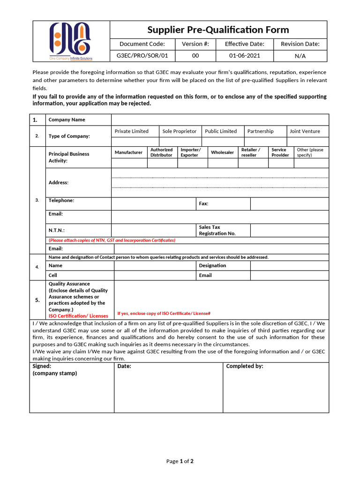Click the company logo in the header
(71, 41)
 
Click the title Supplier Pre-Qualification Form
(218, 30)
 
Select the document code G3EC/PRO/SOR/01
(142, 56)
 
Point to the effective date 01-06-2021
(244, 56)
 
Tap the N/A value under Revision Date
(300, 56)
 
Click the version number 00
(195, 56)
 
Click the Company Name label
(67, 120)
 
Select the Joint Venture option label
(305, 131)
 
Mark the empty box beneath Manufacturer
(128, 163)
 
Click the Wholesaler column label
(222, 152)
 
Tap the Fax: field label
(203, 204)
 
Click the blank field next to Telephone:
(153, 204)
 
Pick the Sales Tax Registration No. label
(217, 230)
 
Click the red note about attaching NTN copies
(112, 240)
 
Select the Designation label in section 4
(212, 265)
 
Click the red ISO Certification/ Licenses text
(78, 316)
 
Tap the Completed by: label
(245, 366)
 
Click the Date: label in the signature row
(124, 366)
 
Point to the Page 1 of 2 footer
(180, 461)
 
